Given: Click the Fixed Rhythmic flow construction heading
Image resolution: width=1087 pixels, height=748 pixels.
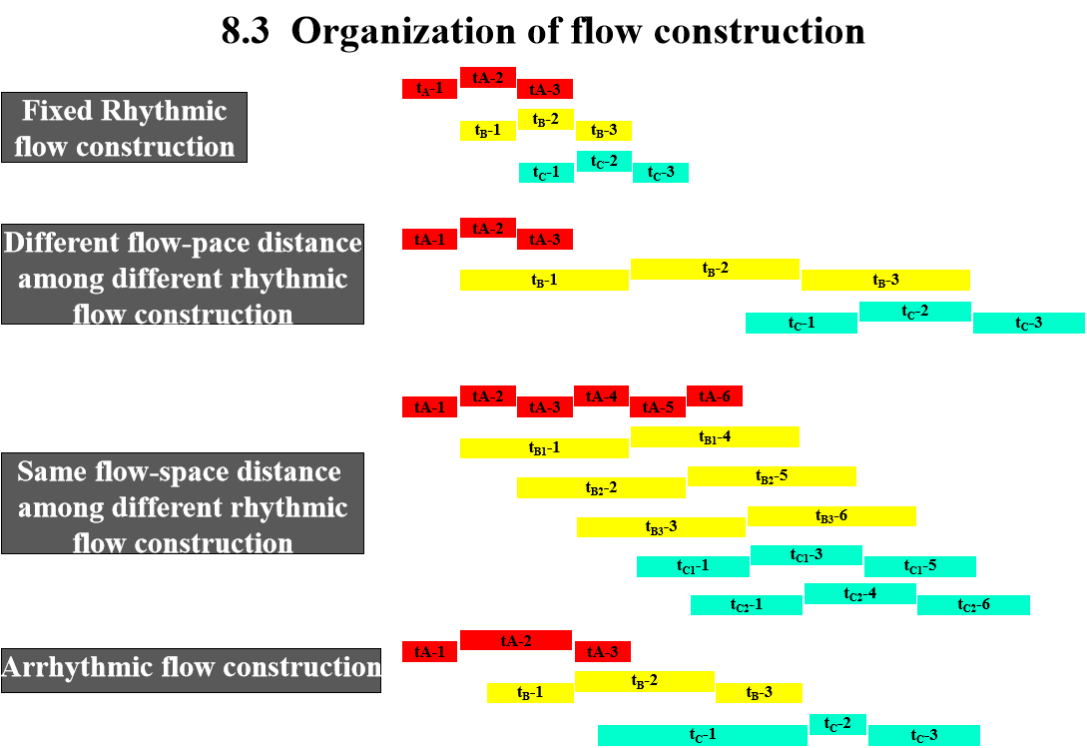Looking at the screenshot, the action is [125, 128].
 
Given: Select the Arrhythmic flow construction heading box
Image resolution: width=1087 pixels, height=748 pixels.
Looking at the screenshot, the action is [191, 669].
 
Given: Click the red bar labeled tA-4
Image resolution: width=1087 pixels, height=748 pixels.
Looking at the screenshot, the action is [601, 396].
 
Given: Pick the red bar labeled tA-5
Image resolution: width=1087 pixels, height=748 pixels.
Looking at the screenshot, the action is [658, 407].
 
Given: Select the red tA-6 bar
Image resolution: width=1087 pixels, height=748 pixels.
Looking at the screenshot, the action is [715, 396].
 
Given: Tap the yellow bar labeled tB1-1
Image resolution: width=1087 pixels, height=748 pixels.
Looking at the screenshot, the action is [544, 448].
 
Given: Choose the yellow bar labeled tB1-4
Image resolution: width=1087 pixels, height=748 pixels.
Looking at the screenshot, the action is [715, 437].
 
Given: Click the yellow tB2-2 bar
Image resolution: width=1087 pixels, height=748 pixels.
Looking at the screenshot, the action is [601, 488].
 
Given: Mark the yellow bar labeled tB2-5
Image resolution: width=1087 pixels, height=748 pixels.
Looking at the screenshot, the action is [772, 476].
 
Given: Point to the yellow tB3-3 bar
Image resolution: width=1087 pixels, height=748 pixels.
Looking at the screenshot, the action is [661, 527].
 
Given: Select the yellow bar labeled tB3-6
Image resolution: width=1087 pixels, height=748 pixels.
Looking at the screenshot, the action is [831, 516].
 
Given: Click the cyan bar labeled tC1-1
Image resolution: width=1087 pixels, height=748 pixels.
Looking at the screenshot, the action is [693, 566].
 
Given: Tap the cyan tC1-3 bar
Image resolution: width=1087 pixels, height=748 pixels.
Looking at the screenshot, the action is [807, 555].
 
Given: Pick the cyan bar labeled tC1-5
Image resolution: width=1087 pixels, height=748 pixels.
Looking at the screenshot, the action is [920, 566].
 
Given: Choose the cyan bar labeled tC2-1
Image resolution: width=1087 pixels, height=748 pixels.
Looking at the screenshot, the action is [747, 605].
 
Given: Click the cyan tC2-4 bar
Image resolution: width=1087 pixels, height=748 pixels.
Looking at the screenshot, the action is [860, 594].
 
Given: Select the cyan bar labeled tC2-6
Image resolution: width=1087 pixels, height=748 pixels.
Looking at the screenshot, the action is [974, 605].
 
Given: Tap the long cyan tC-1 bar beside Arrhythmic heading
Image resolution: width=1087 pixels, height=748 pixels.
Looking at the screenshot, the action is [703, 735].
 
